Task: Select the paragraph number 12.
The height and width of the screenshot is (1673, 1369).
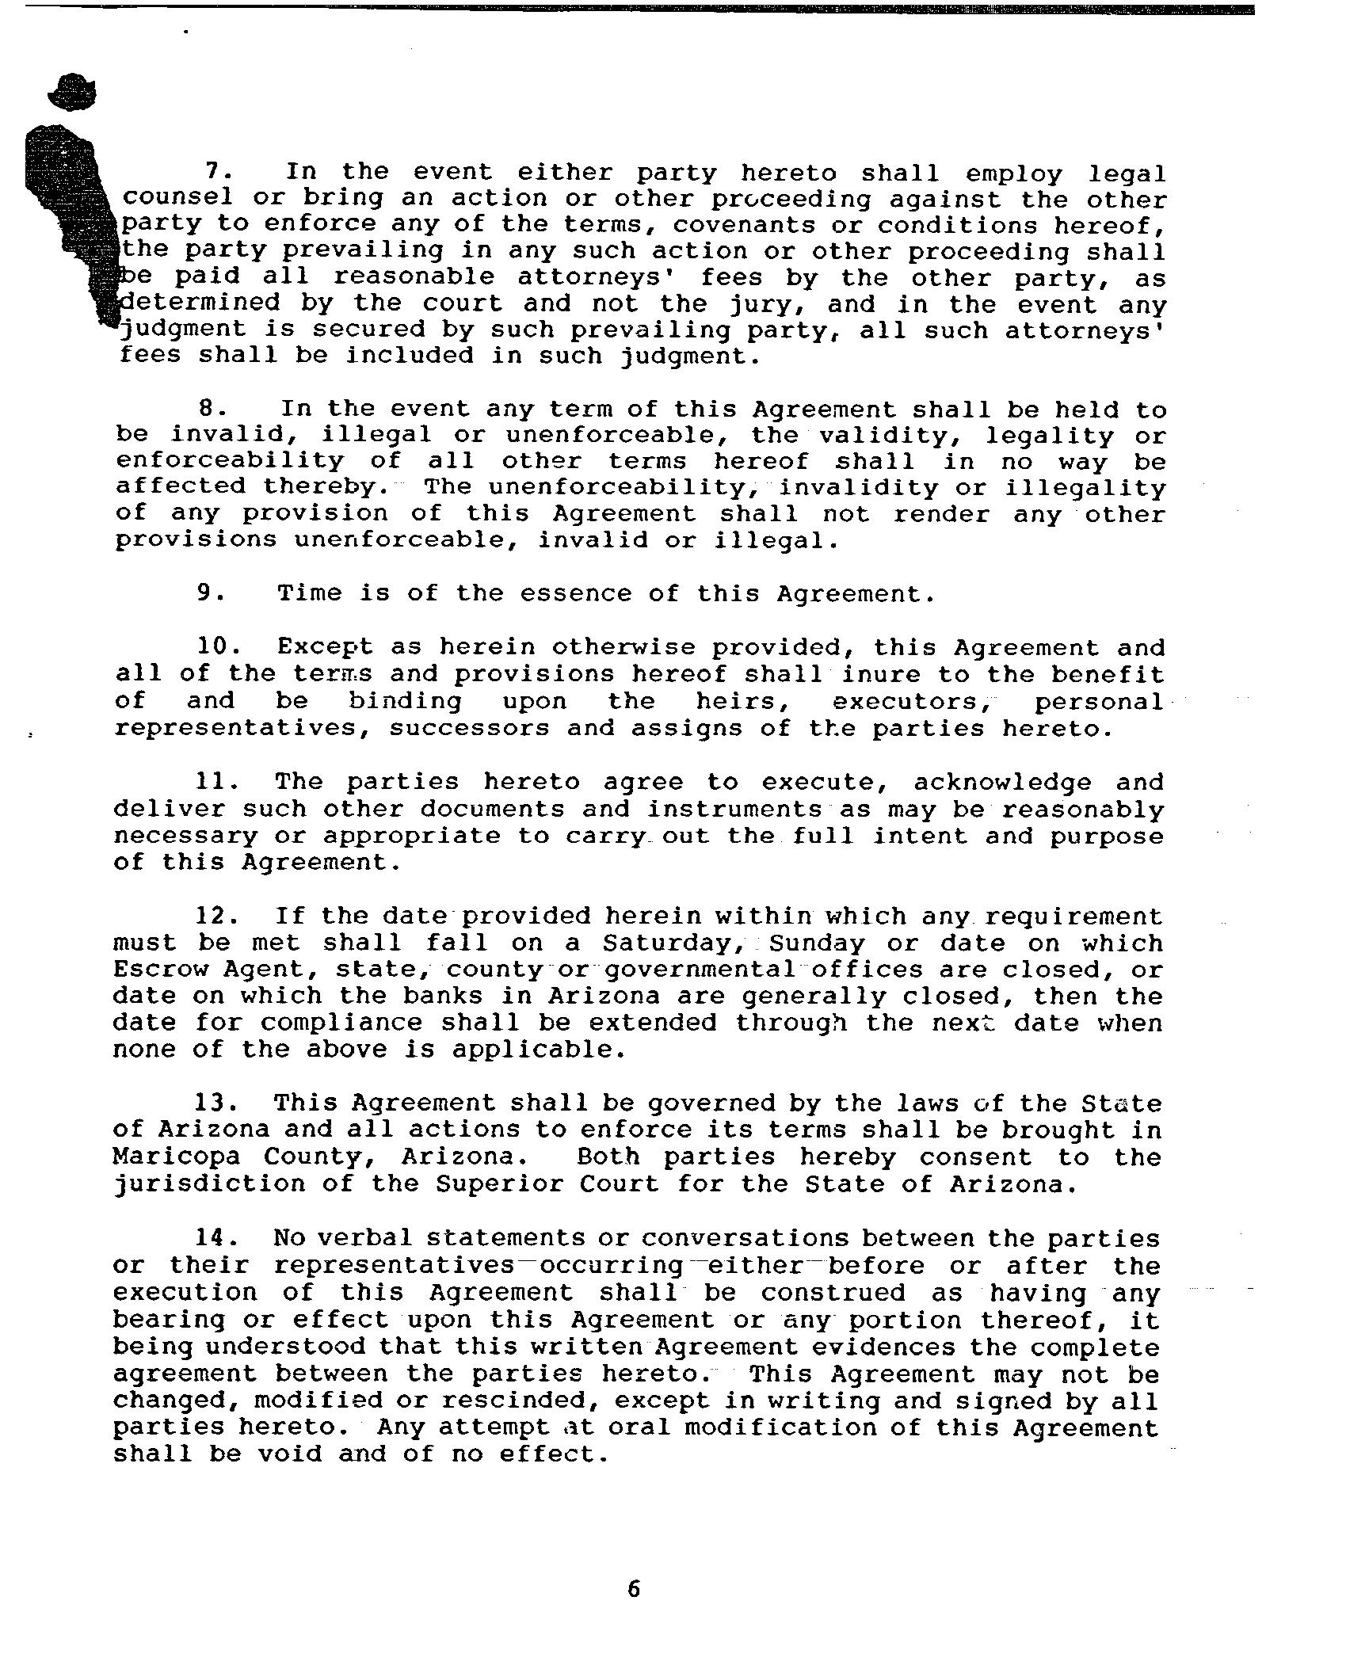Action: click(216, 917)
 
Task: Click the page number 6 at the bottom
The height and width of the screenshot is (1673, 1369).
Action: click(633, 1588)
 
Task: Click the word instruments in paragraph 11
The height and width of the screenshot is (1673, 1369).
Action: click(734, 809)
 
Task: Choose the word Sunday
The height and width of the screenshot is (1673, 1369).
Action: click(817, 943)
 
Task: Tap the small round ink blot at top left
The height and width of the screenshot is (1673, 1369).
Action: click(72, 92)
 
